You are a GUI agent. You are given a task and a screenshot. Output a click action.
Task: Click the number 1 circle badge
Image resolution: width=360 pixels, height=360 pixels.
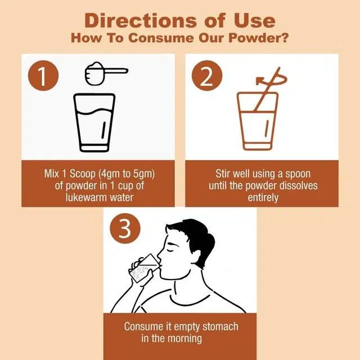[43, 75]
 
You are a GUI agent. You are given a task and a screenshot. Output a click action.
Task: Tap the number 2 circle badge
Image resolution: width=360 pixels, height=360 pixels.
[207, 75]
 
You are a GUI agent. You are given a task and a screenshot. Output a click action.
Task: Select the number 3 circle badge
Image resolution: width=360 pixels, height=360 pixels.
[125, 228]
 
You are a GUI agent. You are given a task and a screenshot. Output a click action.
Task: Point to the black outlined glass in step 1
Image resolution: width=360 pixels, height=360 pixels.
[94, 123]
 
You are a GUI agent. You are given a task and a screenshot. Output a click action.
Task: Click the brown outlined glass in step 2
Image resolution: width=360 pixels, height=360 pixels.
[258, 121]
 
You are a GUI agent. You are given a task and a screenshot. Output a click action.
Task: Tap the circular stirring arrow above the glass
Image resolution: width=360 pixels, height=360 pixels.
[272, 80]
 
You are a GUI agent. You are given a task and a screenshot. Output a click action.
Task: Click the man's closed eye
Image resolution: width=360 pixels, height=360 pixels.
[170, 249]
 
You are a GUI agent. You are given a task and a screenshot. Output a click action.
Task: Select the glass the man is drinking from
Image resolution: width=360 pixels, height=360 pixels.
[144, 268]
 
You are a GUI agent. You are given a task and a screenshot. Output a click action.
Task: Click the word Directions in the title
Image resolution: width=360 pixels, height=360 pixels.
[141, 21]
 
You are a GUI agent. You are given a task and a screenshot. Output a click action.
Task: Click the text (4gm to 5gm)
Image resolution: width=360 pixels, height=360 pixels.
[127, 174]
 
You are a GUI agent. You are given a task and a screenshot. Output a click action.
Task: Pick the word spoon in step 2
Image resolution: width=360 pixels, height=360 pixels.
[298, 174]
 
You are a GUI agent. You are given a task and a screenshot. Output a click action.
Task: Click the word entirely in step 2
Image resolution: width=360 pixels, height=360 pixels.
[263, 197]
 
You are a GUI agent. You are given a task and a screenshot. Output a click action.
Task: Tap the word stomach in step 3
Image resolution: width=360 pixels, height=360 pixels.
[220, 326]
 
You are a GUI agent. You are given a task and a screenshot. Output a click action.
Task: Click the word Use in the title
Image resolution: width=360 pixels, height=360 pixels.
[254, 21]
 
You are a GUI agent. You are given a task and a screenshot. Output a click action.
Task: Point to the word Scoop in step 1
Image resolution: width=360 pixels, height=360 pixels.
[83, 174]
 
